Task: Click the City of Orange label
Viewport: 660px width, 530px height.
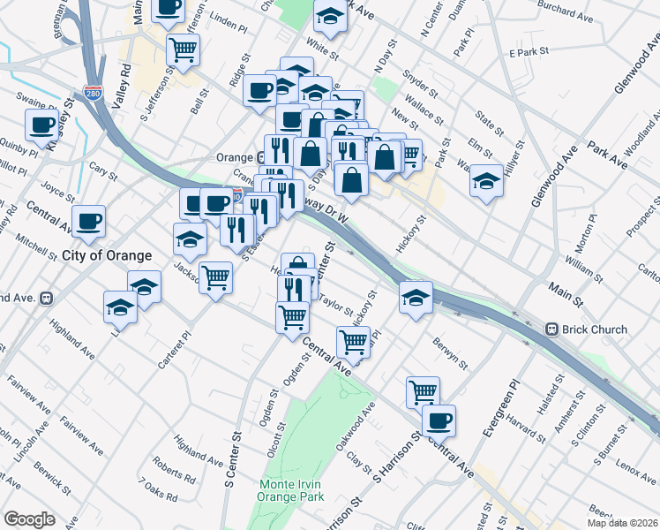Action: [x=107, y=255]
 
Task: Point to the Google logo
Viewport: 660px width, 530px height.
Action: [x=29, y=519]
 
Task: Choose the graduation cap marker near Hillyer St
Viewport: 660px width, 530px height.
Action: [x=485, y=180]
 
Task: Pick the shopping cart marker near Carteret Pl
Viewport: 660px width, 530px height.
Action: [x=215, y=278]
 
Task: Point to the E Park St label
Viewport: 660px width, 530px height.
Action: [x=530, y=54]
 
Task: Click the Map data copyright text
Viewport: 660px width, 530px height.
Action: [x=623, y=523]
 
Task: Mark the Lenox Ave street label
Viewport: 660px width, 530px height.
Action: [x=636, y=465]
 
